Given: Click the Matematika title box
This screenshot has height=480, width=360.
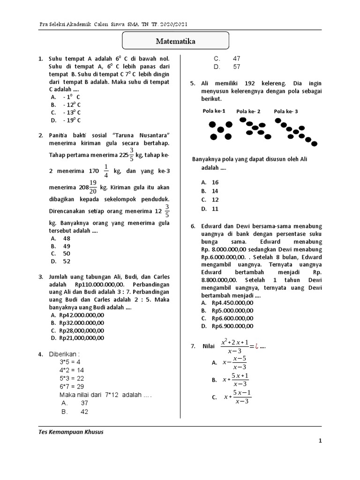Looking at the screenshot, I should pos(176,41).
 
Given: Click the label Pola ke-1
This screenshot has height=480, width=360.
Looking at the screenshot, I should pos(214,111).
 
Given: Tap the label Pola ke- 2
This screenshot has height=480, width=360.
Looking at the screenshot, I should pos(248,111).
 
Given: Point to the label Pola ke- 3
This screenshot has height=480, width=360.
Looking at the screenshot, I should pos(285,111).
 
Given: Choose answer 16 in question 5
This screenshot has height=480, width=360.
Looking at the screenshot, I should pos(215,182).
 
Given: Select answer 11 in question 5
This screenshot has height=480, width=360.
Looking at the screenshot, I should pos(215,209).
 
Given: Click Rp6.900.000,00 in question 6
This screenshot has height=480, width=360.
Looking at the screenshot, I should pos(232,326).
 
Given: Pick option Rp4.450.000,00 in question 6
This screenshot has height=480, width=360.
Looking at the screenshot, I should pos(232,303).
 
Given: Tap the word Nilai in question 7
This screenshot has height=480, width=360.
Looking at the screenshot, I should pos(208,346).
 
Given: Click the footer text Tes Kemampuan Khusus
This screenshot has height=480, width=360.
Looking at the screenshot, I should pos(71,432).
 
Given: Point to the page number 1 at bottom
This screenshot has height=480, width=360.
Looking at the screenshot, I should pos(320,441).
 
